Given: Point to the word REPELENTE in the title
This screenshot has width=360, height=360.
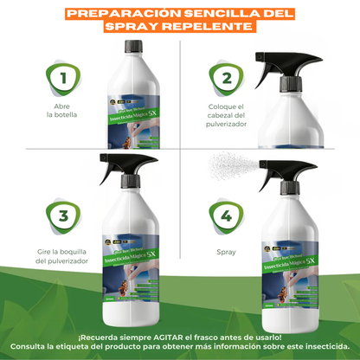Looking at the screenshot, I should [x=217, y=27].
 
